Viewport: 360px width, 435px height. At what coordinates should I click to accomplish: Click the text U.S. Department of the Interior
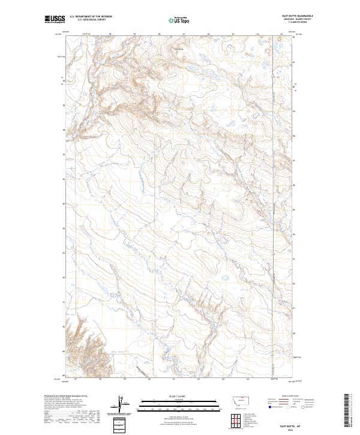91,16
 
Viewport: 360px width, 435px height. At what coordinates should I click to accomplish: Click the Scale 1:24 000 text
174,395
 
